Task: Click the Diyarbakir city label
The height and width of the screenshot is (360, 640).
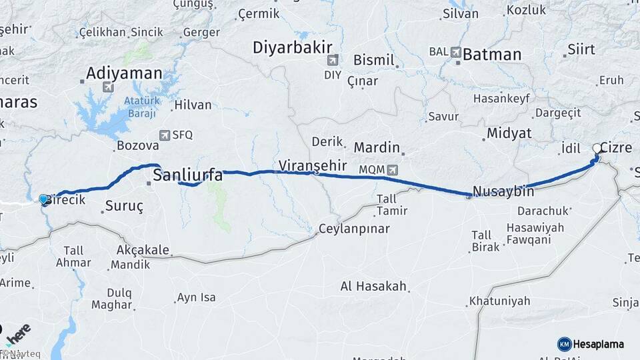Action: pos(292,48)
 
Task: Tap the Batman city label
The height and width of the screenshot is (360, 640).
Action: pos(491,55)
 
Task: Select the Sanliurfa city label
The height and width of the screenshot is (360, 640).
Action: pos(188,175)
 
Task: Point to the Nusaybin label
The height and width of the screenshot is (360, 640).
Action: pos(503,191)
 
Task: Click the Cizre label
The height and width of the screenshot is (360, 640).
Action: pos(615,147)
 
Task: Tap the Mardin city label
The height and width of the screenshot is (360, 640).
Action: pos(377,147)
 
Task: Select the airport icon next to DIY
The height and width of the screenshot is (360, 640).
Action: pos(332,60)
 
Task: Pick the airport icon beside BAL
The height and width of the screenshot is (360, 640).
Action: pos(455,51)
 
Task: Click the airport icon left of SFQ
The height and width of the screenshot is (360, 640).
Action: pos(165,135)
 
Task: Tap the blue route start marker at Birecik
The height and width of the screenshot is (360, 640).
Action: pos(44,199)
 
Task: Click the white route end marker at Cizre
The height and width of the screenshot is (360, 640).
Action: pos(597,149)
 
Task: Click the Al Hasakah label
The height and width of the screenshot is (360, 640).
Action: pos(373,286)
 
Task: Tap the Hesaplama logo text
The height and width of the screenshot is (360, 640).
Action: pos(599,344)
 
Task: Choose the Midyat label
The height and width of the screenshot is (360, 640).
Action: pos(509,133)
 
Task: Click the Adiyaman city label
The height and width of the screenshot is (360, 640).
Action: pos(124,73)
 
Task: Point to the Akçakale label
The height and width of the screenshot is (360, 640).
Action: pos(143,251)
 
